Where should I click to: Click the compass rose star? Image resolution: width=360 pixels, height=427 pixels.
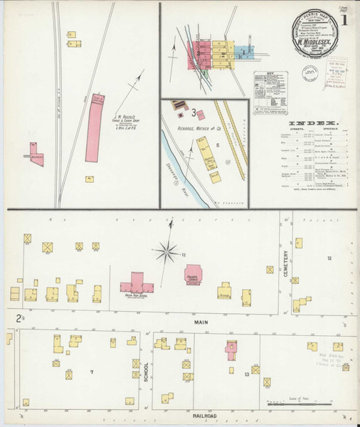tap(168, 251)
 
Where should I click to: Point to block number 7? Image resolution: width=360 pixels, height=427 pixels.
tap(91, 371)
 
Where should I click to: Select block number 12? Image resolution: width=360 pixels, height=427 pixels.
tap(329, 257)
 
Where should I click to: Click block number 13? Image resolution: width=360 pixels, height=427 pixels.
tap(246, 373)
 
